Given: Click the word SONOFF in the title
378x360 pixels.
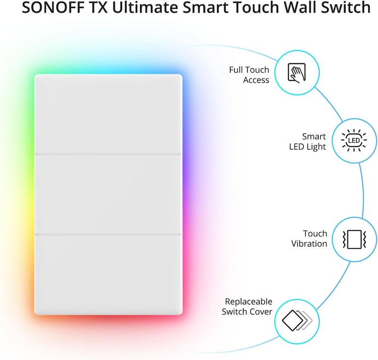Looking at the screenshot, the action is [53, 7].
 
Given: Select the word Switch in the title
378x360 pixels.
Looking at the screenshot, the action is [346, 7].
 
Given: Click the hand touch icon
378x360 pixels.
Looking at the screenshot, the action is [297, 73].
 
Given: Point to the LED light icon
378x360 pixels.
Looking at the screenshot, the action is [354, 140].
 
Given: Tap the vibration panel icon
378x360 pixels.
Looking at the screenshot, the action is [354, 239].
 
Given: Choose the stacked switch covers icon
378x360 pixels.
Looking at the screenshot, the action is [297, 320].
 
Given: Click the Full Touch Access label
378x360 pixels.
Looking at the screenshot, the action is [249, 75].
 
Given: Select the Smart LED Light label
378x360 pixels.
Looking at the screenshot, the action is [308, 142].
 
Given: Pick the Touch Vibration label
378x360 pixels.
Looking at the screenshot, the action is [309, 239].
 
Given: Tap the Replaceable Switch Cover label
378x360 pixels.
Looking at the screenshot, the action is [247, 307].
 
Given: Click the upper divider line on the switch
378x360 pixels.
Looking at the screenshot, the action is [108, 154].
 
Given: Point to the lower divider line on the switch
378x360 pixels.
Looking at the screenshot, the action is [108, 234].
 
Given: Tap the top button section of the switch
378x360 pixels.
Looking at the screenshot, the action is [108, 113].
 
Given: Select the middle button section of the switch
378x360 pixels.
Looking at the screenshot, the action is [108, 194].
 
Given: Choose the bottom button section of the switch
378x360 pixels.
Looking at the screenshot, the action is [108, 275].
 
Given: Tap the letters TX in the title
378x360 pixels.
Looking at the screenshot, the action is [99, 7].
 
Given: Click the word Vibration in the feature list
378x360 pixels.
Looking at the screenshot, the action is [309, 244].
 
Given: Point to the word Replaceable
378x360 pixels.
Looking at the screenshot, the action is [249, 302].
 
